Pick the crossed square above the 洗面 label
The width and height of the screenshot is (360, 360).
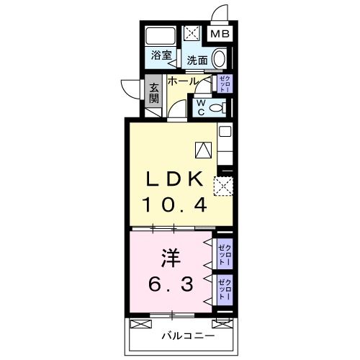194,34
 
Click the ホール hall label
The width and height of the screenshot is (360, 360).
184,81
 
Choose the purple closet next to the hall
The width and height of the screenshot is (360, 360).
224,84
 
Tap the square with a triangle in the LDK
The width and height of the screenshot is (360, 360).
202,150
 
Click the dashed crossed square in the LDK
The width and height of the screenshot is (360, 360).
224,187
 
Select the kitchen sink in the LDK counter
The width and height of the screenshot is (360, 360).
224,132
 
